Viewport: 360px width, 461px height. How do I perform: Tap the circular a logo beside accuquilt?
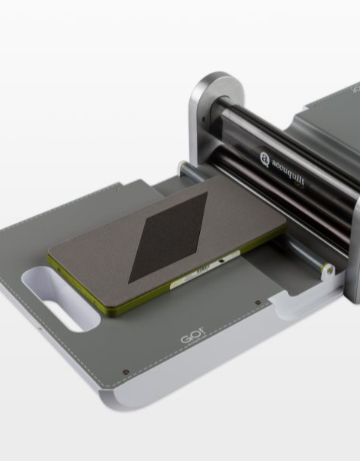(x=265, y=159)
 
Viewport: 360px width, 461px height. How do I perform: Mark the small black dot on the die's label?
(x=221, y=261)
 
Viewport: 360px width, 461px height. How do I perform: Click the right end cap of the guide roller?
(x=326, y=269)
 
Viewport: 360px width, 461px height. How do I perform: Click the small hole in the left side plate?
(x=201, y=119)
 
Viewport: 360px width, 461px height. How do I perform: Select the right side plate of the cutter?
(x=351, y=253)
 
